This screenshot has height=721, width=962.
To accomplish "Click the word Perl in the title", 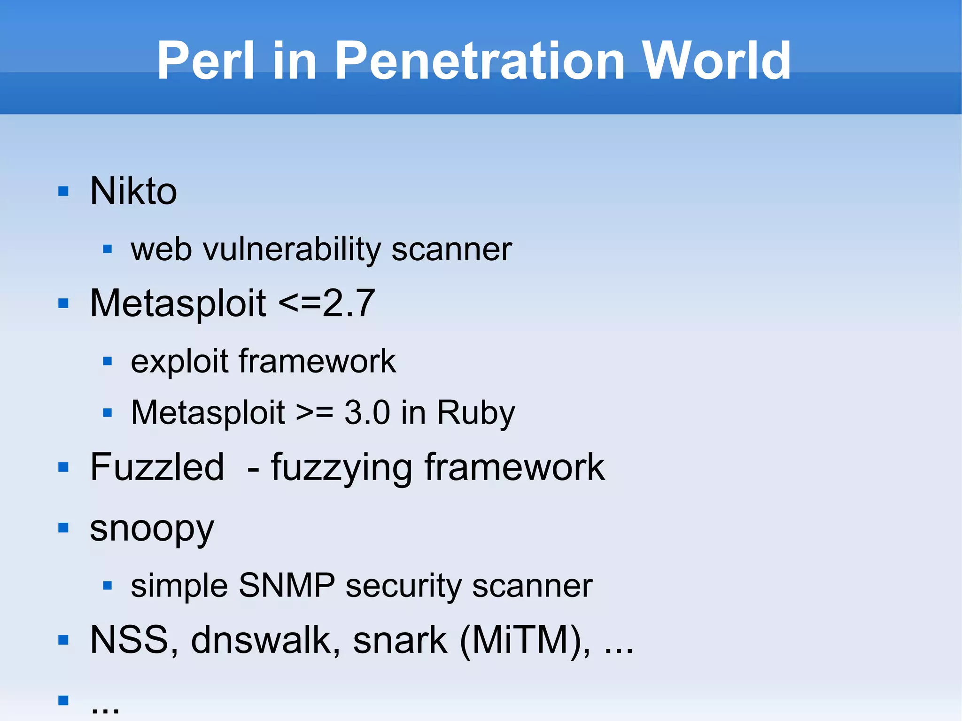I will coord(206,61).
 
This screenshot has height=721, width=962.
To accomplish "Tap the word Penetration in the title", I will coord(480,61).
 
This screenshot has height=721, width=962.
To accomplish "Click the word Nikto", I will coord(133,191).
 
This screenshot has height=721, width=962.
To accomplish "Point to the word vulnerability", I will coord(291,249).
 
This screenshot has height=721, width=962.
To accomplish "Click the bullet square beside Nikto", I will coord(63,191).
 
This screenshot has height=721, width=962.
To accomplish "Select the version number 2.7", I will coord(349,303).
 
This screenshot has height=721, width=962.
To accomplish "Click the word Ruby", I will coord(476,413).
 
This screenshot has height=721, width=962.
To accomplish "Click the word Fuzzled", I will coord(157,467).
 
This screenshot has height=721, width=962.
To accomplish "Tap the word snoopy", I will coord(152,529).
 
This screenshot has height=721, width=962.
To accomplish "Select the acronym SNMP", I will coord(287,586).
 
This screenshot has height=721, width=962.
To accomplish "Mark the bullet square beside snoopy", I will coord(63,528).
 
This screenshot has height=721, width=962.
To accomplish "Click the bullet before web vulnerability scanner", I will coord(108,249).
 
